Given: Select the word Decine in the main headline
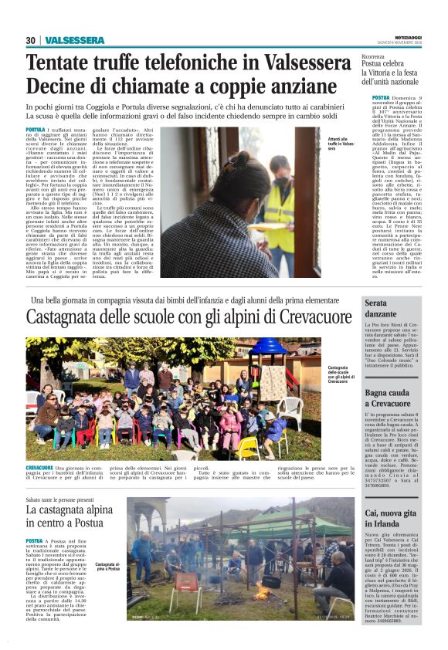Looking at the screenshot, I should click(x=60, y=85).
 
